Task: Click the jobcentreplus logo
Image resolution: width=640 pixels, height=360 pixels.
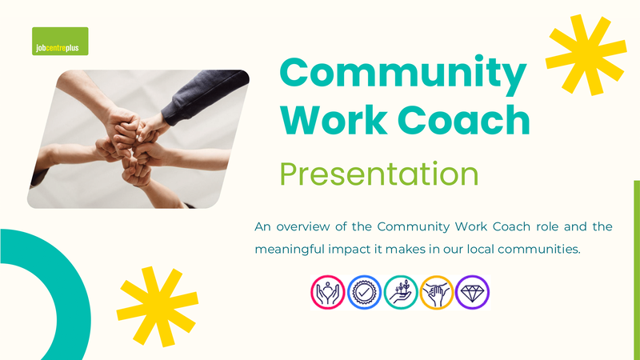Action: (x=60, y=42)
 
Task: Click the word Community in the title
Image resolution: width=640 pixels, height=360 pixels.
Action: (x=403, y=74)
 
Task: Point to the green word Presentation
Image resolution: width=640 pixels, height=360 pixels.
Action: (x=378, y=174)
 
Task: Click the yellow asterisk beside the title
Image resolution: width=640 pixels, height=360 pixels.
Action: (x=586, y=54)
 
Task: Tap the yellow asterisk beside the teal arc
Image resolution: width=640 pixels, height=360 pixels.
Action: (x=157, y=307)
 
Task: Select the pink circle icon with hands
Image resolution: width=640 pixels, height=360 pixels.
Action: (x=328, y=292)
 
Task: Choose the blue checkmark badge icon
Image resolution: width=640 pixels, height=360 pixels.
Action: (x=364, y=292)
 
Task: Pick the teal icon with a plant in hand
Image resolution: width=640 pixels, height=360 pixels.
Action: (x=401, y=292)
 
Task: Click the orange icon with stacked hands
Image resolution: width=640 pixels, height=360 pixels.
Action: (x=436, y=292)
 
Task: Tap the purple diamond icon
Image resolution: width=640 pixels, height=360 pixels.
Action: (x=472, y=292)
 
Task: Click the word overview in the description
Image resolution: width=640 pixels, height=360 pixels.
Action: (x=303, y=226)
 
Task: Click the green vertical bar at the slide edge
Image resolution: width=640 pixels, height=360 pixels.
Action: (x=637, y=270)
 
